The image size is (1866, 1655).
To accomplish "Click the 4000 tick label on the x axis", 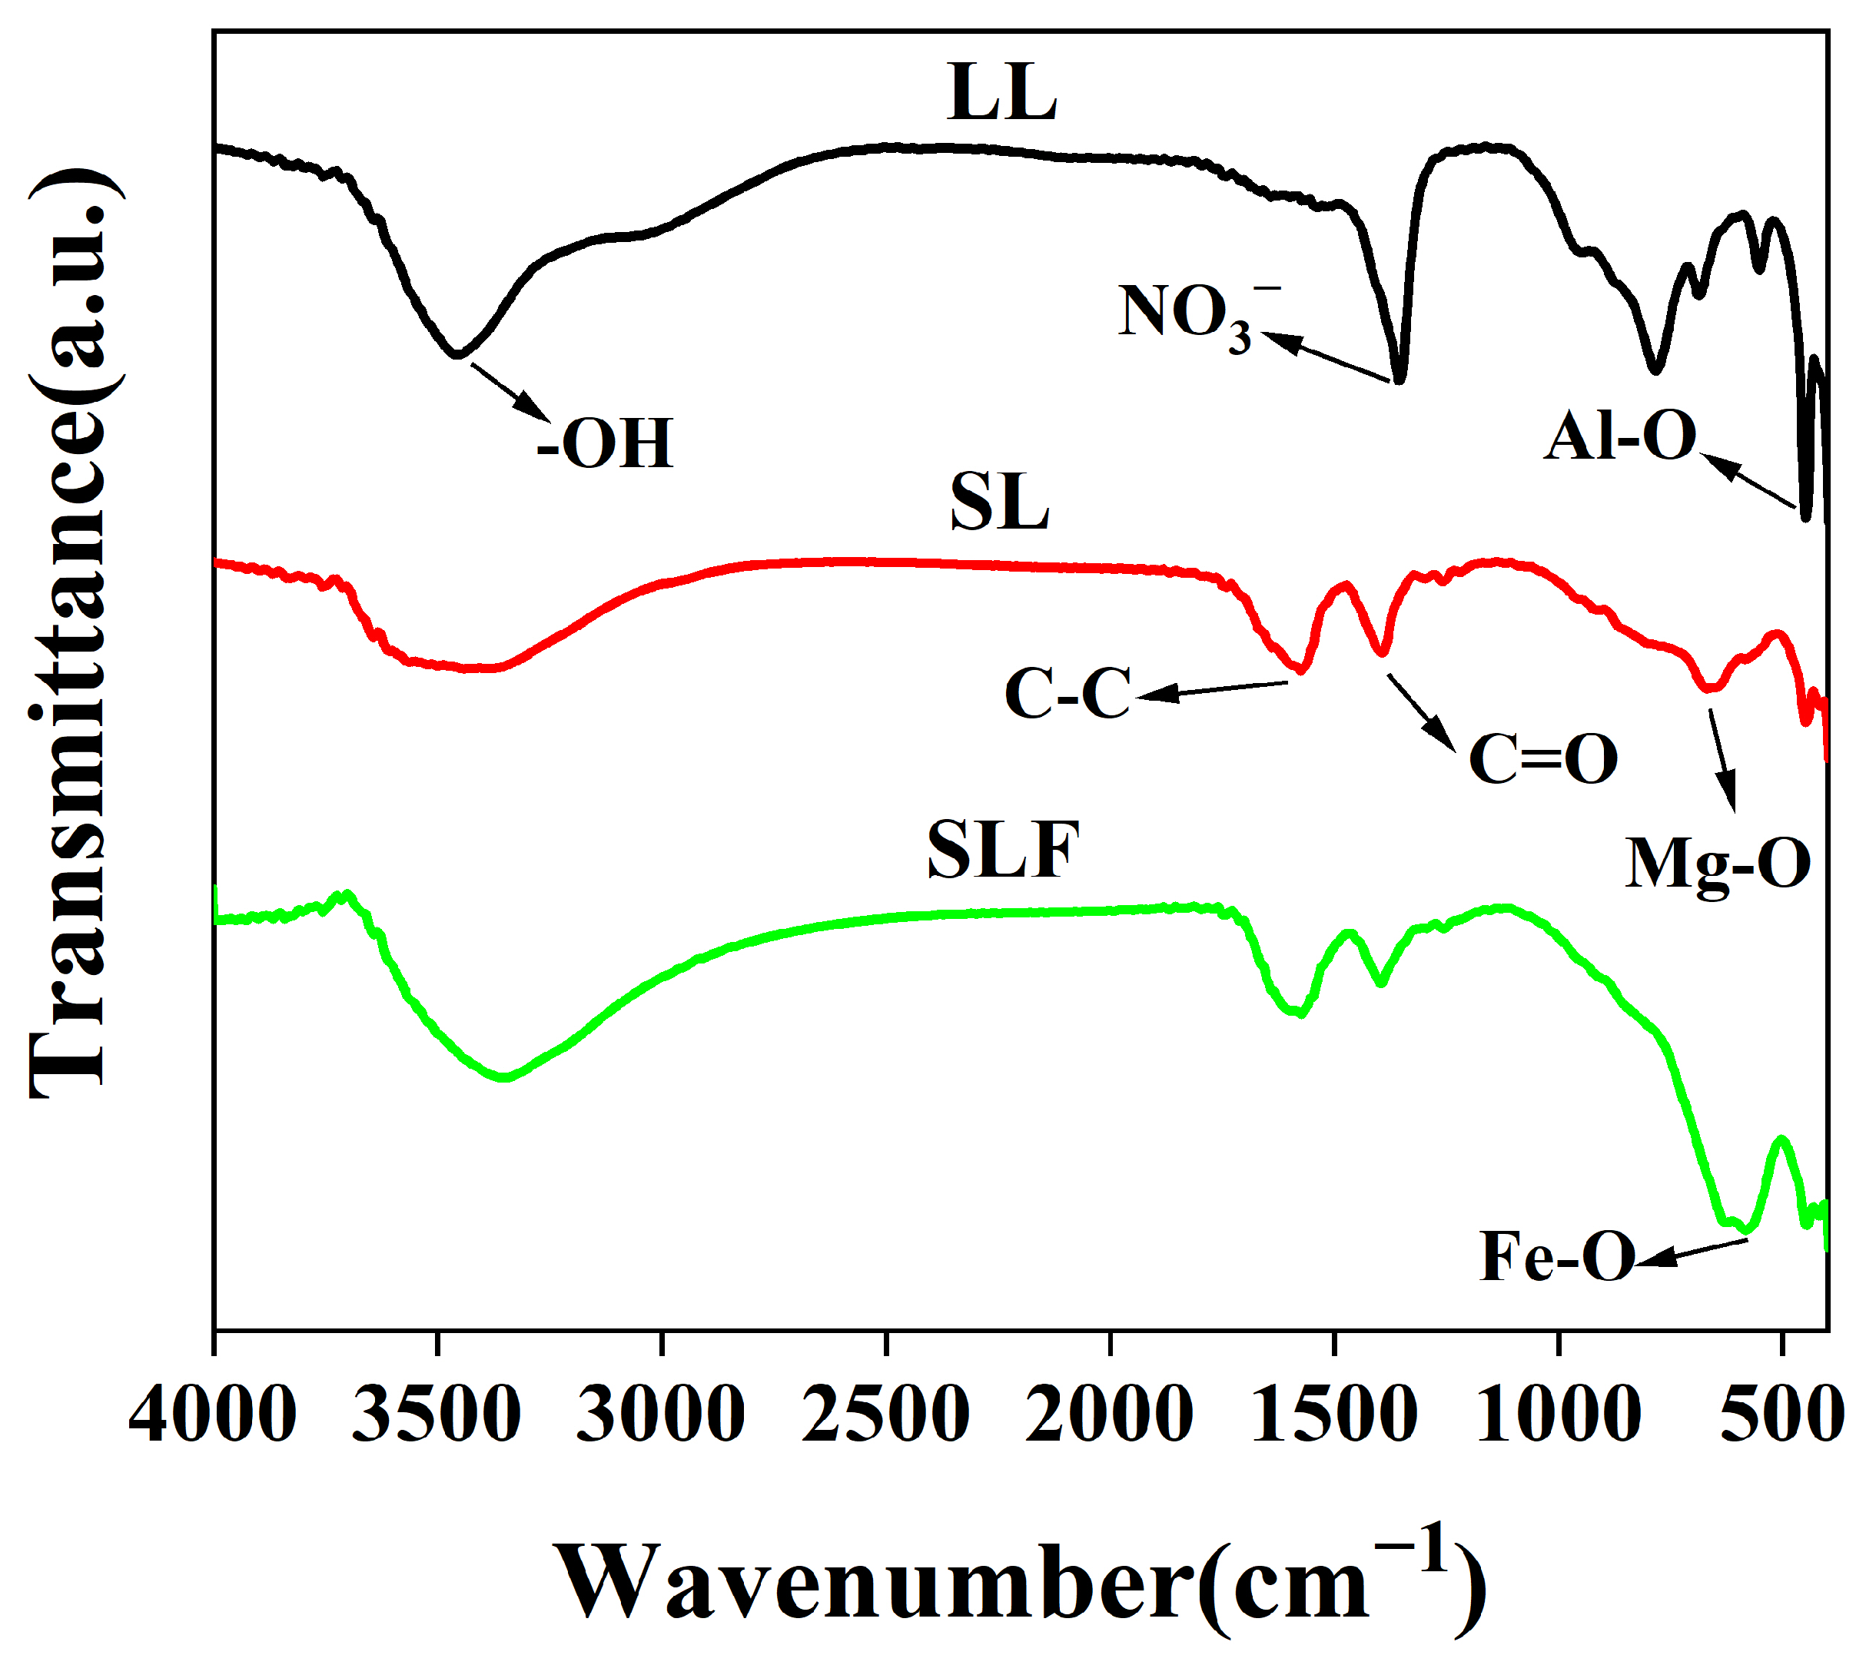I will click(x=213, y=1414).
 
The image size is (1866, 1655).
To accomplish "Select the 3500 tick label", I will click(x=437, y=1414).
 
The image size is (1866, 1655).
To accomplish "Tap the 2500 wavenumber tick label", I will click(x=885, y=1414).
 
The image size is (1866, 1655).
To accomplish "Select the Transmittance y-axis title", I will click(x=68, y=635).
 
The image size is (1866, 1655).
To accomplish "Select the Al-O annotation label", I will click(x=1620, y=436).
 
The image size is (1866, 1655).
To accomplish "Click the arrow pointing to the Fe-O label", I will click(x=1689, y=1252).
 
